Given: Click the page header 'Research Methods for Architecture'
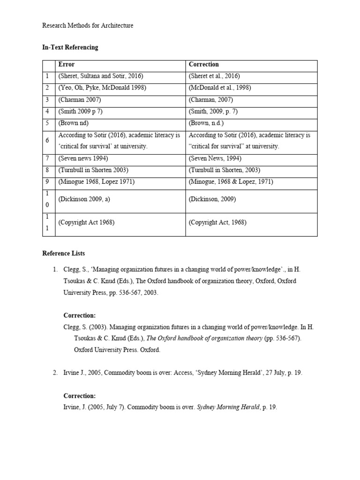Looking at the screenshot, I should pyautogui.click(x=88, y=26).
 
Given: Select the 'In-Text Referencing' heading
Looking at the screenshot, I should pyautogui.click(x=70, y=47).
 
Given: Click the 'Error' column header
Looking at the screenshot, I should pyautogui.click(x=66, y=64).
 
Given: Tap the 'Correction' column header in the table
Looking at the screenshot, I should pyautogui.click(x=203, y=64).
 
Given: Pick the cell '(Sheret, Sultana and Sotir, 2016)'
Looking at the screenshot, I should pyautogui.click(x=100, y=76).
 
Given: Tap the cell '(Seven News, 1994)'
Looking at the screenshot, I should pyautogui.click(x=216, y=158).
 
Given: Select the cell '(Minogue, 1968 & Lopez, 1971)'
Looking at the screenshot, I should pyautogui.click(x=231, y=182).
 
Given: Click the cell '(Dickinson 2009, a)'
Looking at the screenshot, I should pyautogui.click(x=84, y=199).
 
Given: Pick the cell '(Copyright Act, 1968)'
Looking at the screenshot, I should pyautogui.click(x=218, y=222).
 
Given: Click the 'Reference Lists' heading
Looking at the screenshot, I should pyautogui.click(x=64, y=253).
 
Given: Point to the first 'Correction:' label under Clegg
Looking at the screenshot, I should pyautogui.click(x=79, y=315).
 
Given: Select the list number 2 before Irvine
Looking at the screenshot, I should pyautogui.click(x=55, y=373).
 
